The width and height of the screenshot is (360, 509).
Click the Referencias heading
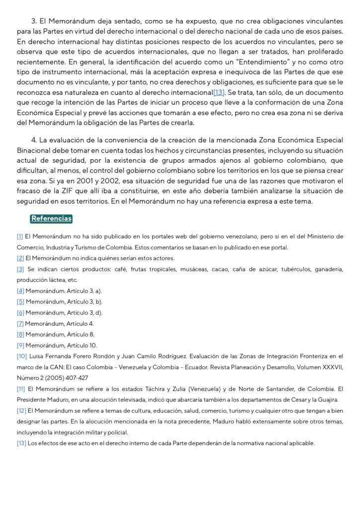pos(51,218)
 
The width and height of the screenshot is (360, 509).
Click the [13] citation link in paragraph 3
pos(219,92)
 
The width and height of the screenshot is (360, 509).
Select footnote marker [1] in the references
pos(20,236)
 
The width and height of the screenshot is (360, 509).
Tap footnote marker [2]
pos(20,258)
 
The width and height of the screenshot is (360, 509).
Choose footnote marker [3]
pos(20,269)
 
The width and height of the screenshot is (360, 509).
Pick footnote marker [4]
pos(20,291)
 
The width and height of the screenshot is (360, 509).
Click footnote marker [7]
pos(20,324)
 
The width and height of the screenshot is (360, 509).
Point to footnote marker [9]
pos(20,345)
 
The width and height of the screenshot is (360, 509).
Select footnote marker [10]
pos(22,356)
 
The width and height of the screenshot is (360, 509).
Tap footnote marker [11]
pos(21,389)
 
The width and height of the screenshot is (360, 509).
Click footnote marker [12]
pos(22,411)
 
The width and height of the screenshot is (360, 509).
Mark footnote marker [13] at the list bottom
pos(22,443)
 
